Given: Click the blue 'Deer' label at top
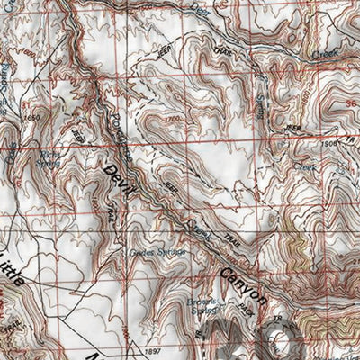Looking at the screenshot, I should coord(201,9).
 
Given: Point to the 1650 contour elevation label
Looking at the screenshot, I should coord(34,117).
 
